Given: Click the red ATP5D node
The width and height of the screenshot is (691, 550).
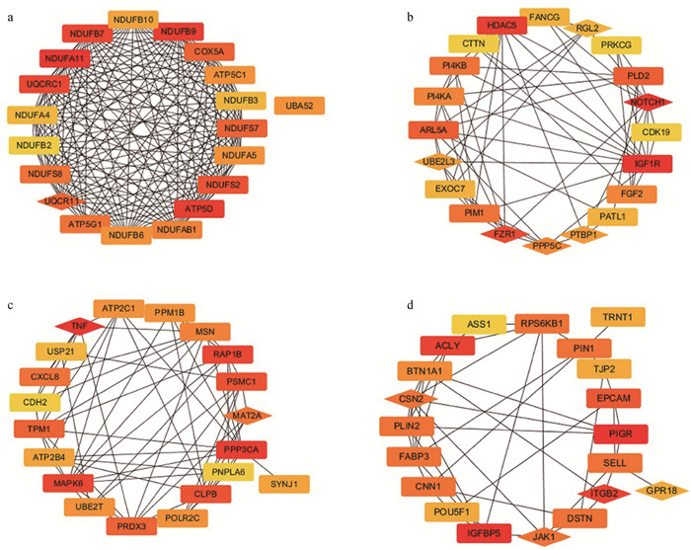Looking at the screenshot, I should pyautogui.click(x=198, y=208).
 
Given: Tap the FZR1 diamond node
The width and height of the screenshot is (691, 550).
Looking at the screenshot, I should pyautogui.click(x=499, y=234).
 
